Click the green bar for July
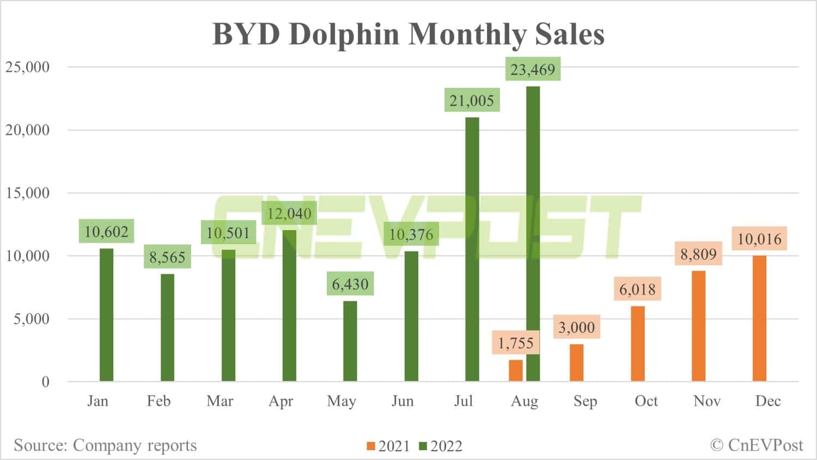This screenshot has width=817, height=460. click(472, 249)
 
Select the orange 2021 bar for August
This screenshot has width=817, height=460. click(515, 371)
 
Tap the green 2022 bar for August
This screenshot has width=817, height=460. click(533, 234)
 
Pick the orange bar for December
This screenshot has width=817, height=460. click(759, 318)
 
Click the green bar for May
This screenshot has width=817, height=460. click(350, 341)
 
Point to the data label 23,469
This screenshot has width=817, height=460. click(533, 70)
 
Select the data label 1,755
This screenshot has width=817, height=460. click(515, 343)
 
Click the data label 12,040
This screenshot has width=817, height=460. click(289, 213)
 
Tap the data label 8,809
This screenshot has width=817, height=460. click(698, 254)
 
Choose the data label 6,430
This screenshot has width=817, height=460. click(350, 284)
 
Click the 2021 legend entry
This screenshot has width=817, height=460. click(388, 446)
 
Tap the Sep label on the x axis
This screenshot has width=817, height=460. click(585, 401)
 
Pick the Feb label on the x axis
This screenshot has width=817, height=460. click(158, 401)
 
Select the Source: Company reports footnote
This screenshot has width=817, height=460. click(105, 445)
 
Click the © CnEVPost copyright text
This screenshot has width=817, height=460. click(757, 445)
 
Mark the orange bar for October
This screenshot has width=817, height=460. click(638, 343)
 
